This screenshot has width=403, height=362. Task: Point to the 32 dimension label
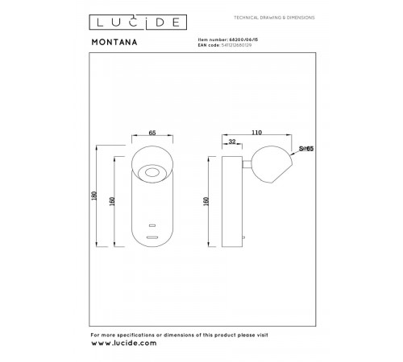click(233, 142)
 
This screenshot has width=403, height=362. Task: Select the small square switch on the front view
click(152, 225)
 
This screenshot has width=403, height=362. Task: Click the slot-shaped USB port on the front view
click(152, 237)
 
